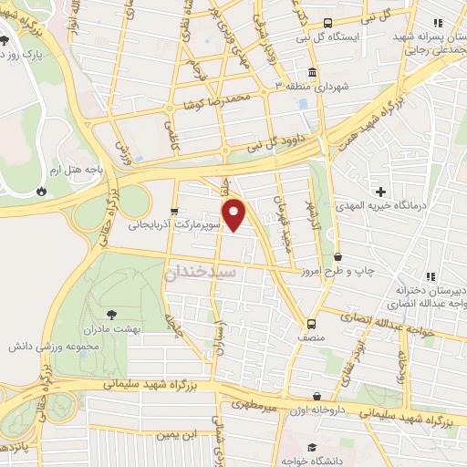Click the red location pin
pyautogui.click(x=235, y=214)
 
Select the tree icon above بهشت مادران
pyautogui.click(x=112, y=314)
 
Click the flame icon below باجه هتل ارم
pyautogui.click(x=40, y=191)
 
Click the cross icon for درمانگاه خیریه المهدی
pyautogui.click(x=380, y=192)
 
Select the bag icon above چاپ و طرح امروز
pyautogui.click(x=338, y=257)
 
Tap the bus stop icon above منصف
pyautogui.click(x=312, y=323)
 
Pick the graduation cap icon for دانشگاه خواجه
pyautogui.click(x=311, y=447)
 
